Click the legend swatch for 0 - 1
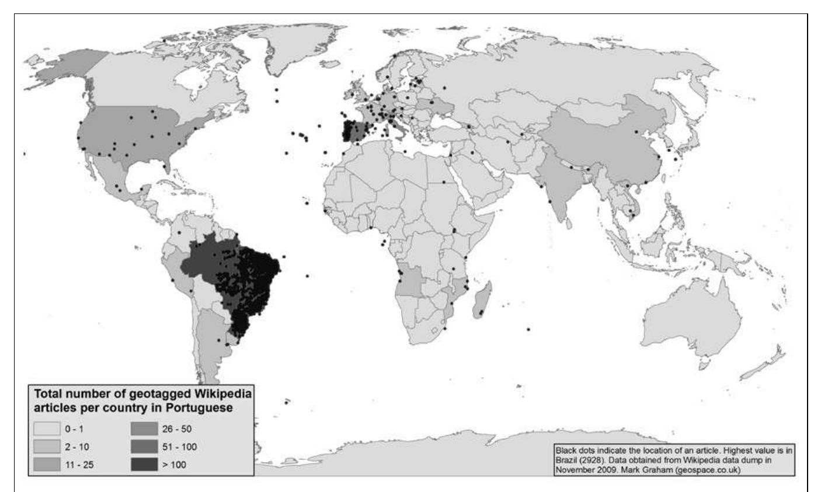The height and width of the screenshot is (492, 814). pyautogui.click(x=47, y=430)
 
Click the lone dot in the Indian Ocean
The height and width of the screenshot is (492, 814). pyautogui.click(x=528, y=329)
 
